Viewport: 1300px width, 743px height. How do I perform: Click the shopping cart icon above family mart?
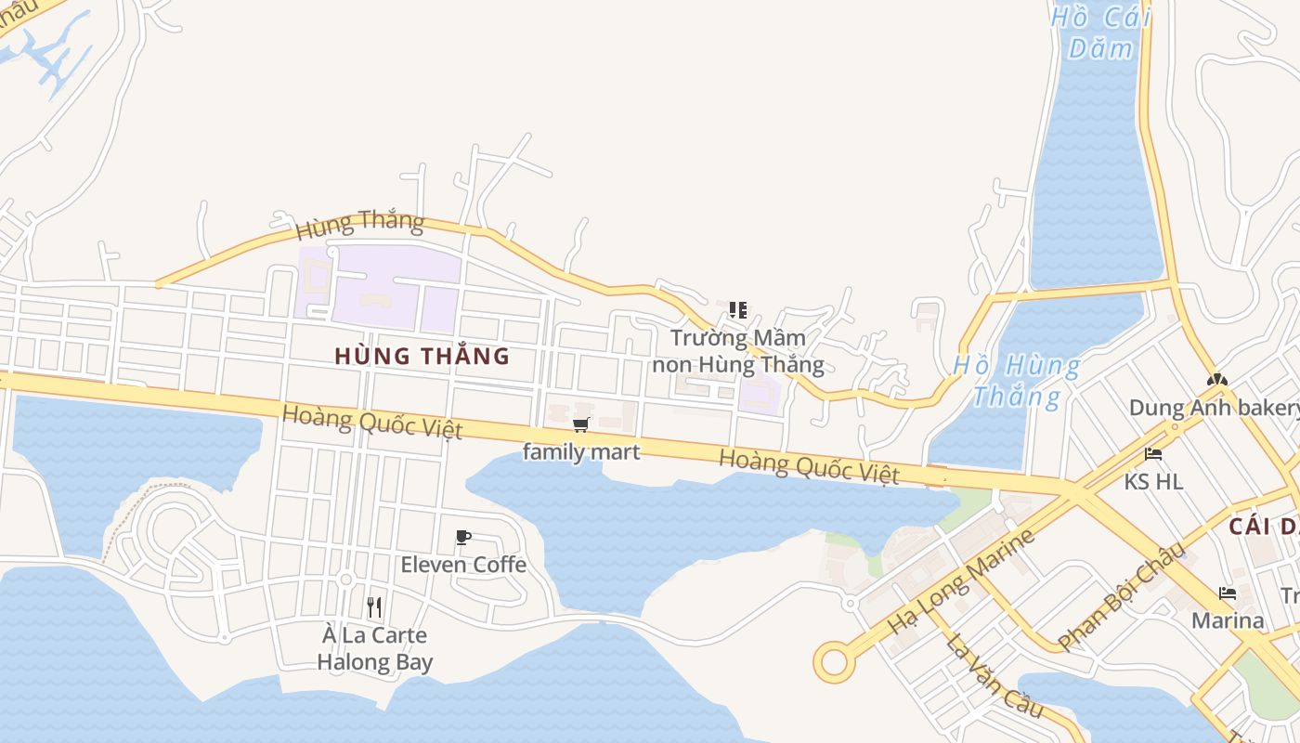(581, 424)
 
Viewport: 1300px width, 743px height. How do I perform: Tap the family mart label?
(581, 452)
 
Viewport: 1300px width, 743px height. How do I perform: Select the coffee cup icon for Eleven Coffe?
(463, 537)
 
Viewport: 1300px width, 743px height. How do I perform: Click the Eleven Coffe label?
(463, 565)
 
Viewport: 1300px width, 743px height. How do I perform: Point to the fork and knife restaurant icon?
(374, 607)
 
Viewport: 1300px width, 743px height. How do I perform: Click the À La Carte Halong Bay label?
(374, 648)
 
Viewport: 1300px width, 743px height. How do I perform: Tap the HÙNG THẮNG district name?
(422, 356)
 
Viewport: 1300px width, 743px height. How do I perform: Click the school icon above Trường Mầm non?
(738, 309)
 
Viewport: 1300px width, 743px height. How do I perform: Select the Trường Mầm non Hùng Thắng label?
(738, 351)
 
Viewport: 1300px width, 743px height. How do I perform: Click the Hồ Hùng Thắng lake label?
(1016, 381)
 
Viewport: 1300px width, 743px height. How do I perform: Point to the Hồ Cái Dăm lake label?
(1101, 32)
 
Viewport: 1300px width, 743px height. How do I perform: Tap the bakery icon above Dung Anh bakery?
(1215, 379)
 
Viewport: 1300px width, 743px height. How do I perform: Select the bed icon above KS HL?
(1153, 454)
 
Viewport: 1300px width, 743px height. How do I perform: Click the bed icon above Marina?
(1228, 593)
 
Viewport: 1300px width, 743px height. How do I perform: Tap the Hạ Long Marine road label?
(961, 582)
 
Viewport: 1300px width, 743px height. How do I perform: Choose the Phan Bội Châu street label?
(1122, 595)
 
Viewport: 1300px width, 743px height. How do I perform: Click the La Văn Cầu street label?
(994, 675)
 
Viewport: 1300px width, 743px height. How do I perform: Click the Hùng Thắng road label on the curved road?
(359, 223)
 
